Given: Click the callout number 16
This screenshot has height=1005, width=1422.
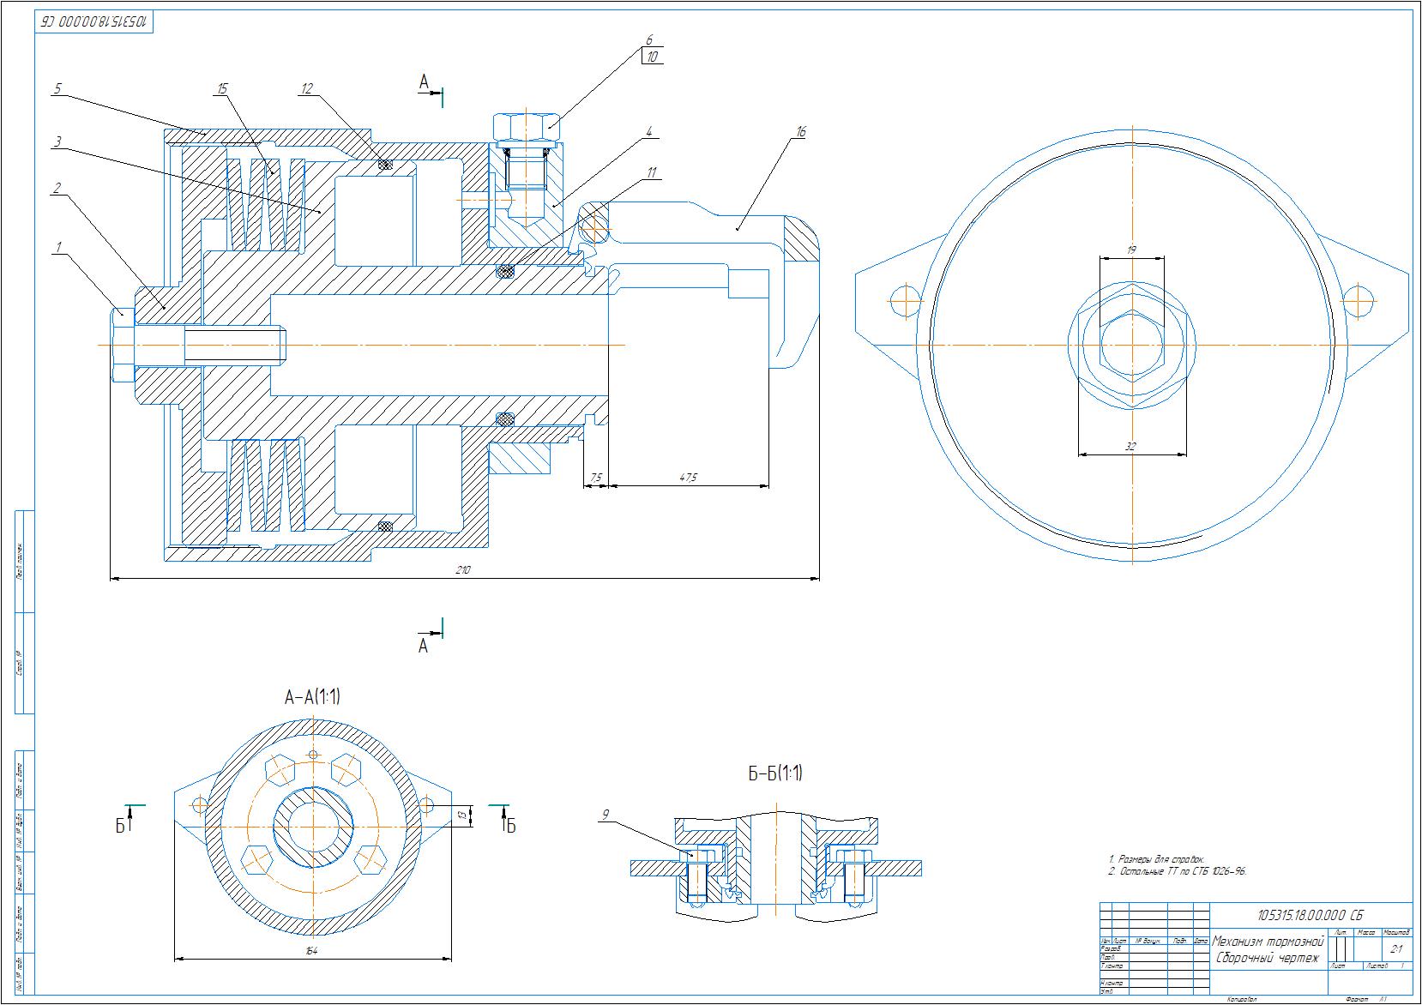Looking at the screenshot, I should (801, 131).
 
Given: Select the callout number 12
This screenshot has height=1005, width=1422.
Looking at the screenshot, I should (307, 87).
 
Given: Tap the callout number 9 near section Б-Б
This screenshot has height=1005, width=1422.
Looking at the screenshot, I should (606, 815).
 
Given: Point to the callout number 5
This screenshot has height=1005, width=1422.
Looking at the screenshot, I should (57, 88).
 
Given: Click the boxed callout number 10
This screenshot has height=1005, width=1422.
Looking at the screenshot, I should (652, 57).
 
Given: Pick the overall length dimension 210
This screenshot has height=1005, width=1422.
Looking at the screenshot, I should (464, 569).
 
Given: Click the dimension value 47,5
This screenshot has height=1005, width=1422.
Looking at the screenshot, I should (688, 477).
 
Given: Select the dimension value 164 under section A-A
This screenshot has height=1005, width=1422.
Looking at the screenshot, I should (311, 950).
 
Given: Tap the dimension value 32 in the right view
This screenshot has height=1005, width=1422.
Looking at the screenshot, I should (1131, 446).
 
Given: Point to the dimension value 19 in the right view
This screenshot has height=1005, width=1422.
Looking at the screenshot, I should (1131, 250).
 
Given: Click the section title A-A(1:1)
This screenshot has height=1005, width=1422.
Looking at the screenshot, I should (312, 697).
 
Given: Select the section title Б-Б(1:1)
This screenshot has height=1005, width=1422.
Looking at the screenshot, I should (774, 773).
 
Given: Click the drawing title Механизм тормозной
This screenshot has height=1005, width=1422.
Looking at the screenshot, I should (1268, 941).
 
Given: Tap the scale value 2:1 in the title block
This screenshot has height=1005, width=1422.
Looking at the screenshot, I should (1395, 948).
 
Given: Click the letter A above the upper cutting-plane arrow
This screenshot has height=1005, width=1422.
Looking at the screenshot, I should (424, 81).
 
